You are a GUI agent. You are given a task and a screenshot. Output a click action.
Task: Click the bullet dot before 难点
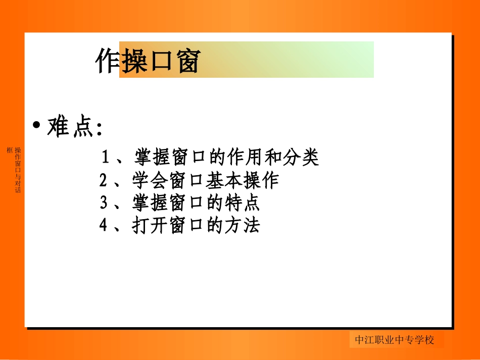pos(36,125)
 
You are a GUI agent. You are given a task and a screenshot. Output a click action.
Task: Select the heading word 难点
pos(71,128)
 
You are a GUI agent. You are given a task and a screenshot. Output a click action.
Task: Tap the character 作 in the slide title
pos(107,62)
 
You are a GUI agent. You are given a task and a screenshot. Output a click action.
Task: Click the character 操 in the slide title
pos(134,62)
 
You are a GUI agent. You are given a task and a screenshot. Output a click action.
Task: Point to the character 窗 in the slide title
pos(188,62)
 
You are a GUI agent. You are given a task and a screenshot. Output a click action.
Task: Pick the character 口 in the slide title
pos(161,62)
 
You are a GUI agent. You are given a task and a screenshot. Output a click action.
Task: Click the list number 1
pos(106,158)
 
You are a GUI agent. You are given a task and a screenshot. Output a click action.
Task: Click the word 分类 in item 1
pos(301,158)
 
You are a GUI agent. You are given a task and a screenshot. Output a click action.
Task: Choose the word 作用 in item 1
pos(245,158)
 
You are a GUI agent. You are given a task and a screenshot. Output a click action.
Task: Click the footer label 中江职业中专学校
pos(395,340)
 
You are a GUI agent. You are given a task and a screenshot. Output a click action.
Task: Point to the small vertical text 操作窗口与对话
pos(18,170)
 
